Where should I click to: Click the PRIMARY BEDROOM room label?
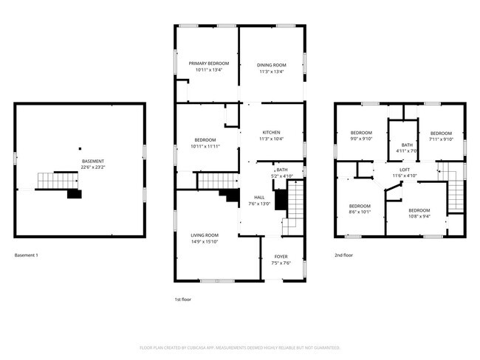pos(208,64)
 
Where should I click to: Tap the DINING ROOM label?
pos(272,65)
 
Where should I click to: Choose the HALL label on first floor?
pos(259,198)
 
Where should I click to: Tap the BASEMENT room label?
pos(92,161)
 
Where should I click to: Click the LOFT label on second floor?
pos(384,170)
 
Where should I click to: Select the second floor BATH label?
pos(407,145)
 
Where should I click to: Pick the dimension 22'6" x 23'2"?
pos(92,167)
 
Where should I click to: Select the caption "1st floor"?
pos(184,300)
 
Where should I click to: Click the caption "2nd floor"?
pos(343,255)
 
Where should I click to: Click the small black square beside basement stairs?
pos(74,194)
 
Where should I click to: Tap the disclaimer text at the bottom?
pos(240,347)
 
